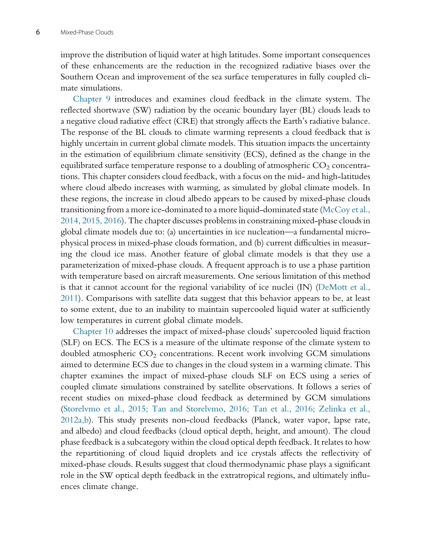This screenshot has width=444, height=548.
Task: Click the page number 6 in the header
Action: [38, 32]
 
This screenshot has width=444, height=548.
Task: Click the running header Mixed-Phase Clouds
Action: [87, 33]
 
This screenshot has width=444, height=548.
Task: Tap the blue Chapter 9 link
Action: [91, 99]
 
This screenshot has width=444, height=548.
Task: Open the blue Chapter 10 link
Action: [93, 331]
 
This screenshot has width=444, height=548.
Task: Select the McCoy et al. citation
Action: [346, 210]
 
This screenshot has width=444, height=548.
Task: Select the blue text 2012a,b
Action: [74, 420]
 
